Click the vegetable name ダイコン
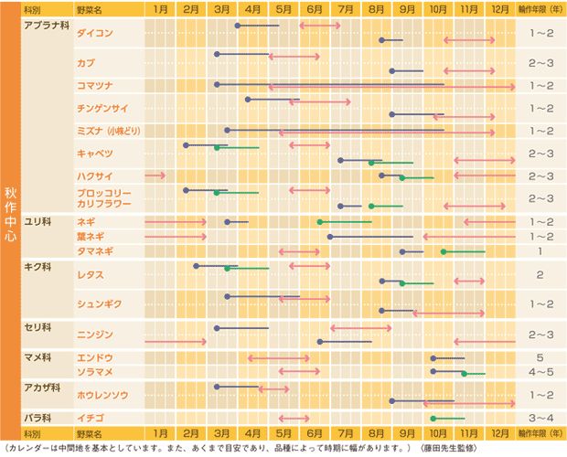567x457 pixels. [x=95, y=32]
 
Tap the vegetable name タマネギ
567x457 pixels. [x=96, y=251]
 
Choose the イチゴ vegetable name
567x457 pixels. [x=91, y=418]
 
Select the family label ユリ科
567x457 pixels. [x=37, y=222]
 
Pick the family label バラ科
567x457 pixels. [x=37, y=418]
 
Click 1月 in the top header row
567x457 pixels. [x=160, y=8]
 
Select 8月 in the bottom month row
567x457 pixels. [x=375, y=432]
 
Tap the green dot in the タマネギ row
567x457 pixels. [x=444, y=251]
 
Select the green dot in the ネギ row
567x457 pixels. [x=320, y=222]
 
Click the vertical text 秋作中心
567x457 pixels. [x=10, y=215]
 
